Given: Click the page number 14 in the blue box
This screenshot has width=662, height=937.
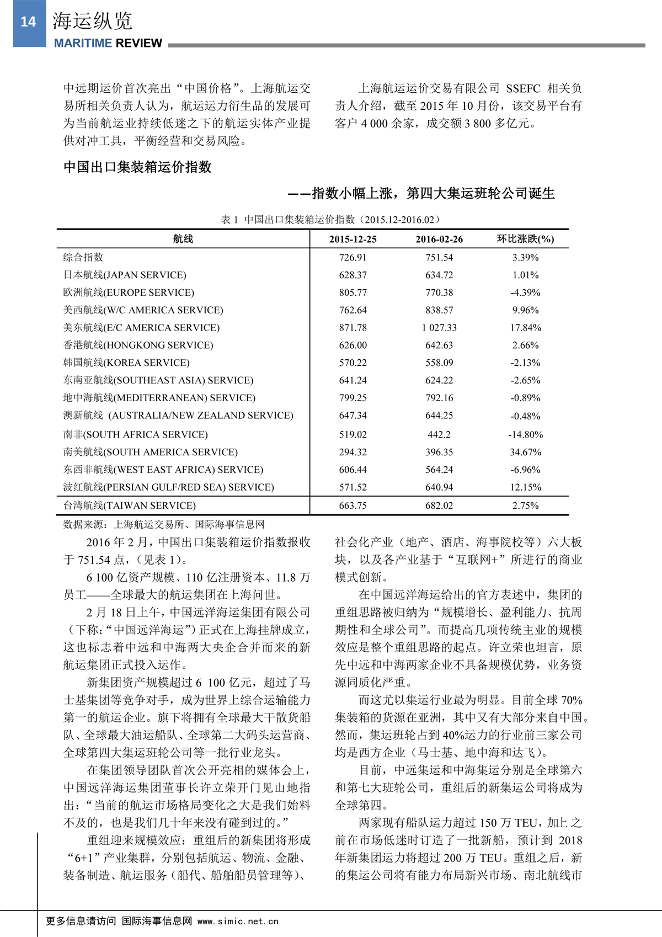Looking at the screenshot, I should point(28,22).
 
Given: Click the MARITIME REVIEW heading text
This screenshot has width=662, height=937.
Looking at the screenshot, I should point(108,43).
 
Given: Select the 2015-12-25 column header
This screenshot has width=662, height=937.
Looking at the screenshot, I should point(353,239).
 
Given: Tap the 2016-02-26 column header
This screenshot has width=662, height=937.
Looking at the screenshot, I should point(439,239).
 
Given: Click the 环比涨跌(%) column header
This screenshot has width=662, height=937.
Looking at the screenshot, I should point(525,239).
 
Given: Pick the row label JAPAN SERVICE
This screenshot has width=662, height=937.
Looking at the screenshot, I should point(125,275).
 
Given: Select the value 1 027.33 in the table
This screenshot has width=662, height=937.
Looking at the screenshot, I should point(439,327).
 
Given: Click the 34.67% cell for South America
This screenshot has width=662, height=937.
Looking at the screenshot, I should point(525,452).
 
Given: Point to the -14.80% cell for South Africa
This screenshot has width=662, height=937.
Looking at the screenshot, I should point(525,434).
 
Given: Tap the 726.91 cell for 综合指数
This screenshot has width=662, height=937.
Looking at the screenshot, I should point(353,257).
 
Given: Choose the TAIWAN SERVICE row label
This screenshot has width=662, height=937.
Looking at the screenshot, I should point(130,505).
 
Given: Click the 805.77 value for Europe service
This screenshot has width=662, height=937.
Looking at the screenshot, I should point(353,292).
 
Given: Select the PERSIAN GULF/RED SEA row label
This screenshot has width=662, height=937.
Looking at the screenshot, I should point(168,487).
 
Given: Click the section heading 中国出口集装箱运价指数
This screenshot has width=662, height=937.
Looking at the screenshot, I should point(137,167).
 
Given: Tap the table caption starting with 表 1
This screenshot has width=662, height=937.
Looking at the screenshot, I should point(330,220).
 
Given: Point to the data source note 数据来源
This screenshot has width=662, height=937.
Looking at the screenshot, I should point(164,524).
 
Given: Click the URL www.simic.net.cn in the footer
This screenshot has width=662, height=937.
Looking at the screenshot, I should point(238,921).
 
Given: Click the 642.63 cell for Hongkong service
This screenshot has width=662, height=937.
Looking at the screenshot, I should point(439,345).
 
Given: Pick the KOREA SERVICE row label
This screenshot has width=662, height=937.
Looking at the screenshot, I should point(126,363).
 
